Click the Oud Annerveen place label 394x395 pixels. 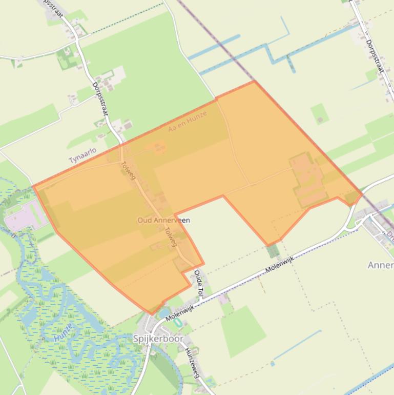coord(163,220)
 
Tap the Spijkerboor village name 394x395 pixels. coord(158,339)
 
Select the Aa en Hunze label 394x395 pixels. coord(187,121)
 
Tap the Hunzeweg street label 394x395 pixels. coord(192,359)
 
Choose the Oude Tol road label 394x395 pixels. coord(199,285)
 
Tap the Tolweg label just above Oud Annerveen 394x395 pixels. coord(128,171)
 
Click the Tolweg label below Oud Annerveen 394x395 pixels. coord(171,237)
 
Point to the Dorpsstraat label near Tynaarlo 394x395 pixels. coord(101,99)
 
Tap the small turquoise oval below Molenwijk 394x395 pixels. coord(178,323)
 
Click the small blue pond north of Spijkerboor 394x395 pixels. coord(164,311)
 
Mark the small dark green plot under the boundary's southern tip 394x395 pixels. coord(273,251)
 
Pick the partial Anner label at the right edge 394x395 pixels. coord(381,265)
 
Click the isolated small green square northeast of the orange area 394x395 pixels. coord(319,113)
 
